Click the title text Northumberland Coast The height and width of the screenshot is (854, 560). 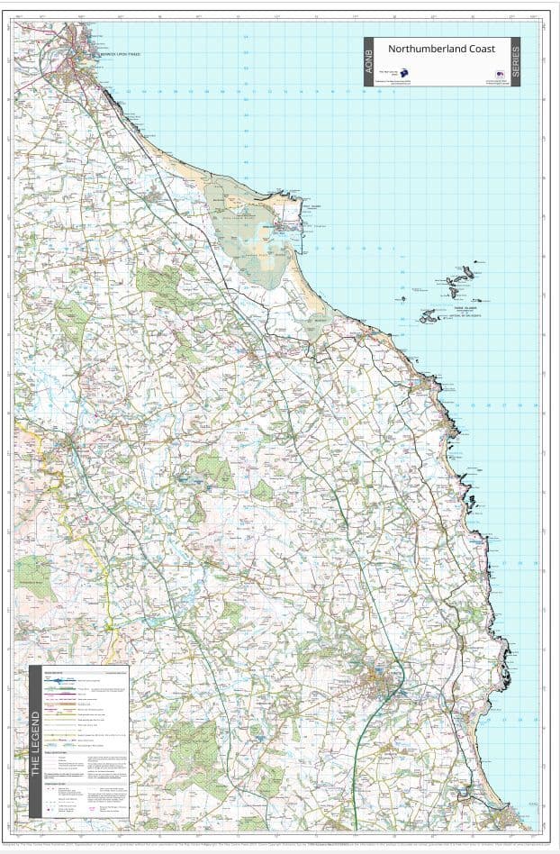coord(440,49)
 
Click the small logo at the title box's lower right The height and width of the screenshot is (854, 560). coord(499,76)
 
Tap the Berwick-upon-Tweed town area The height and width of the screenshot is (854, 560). coord(91,45)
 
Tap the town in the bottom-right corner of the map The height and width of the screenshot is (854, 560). coord(513,814)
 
